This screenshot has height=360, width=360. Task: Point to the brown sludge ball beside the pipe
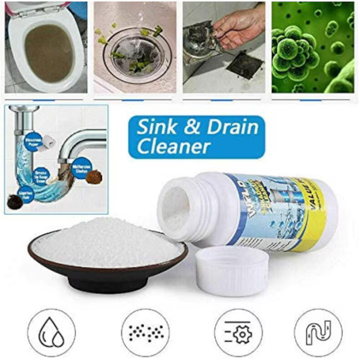pyautogui.click(x=94, y=177)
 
